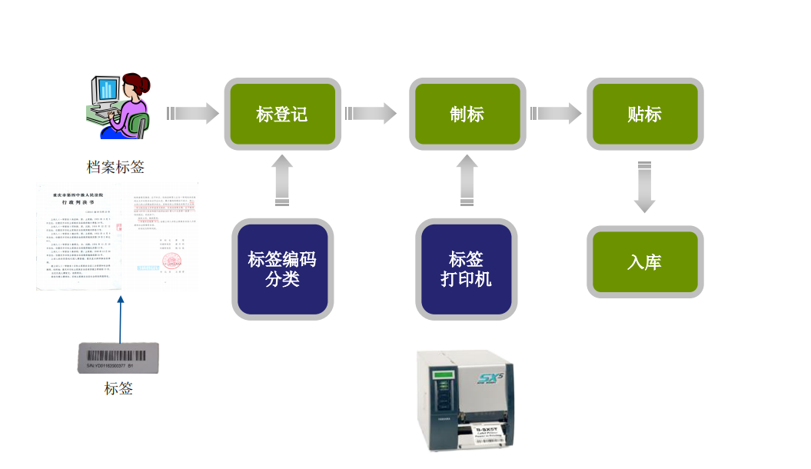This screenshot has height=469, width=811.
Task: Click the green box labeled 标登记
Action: coord(281,115)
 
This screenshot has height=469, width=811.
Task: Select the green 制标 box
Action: coord(467,115)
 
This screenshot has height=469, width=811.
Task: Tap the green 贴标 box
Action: coord(644,115)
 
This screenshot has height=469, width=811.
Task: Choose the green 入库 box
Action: coord(644,262)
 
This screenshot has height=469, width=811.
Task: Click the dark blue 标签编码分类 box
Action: coord(282,269)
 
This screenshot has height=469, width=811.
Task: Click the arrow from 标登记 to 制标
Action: coord(371,114)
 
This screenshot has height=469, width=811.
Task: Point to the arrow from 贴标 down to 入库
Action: coord(645,186)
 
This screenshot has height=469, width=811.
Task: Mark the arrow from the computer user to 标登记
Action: coord(192,114)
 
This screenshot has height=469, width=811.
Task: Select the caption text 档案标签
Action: coord(115,167)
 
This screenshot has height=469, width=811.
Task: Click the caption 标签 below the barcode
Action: coord(118,389)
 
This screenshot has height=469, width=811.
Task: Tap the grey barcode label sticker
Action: coord(118,358)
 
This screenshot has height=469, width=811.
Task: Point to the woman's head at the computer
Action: coord(135,86)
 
